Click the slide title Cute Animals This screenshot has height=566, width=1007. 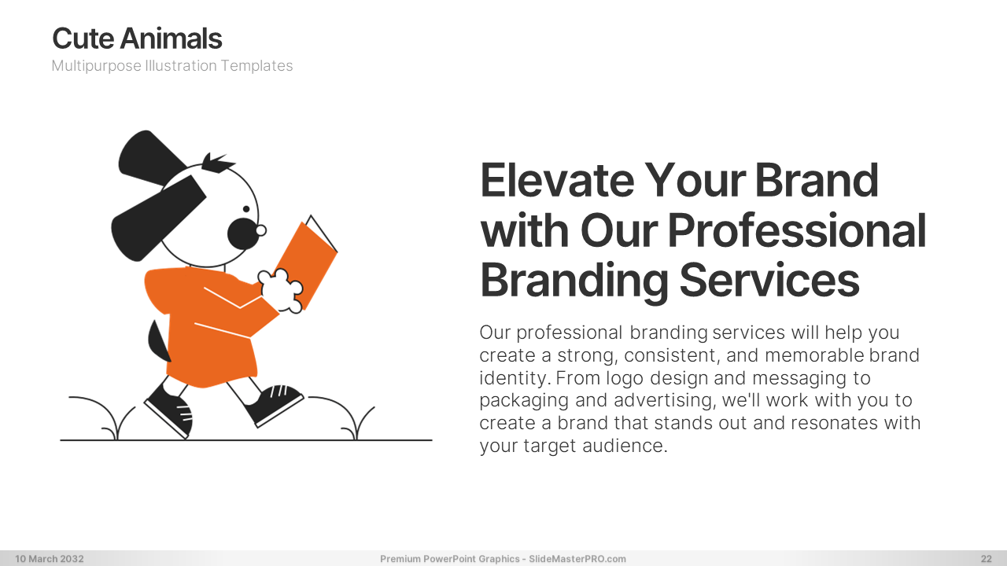coord(137,39)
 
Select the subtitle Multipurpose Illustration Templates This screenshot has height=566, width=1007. coord(172,65)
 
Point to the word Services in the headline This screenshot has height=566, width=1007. coord(769,280)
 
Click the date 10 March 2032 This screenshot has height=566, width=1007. coord(50,559)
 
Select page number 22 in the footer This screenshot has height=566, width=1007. coord(986,559)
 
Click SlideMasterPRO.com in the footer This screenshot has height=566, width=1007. coord(577,559)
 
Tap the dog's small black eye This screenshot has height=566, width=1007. coord(246,209)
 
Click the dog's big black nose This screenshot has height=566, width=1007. coord(243,233)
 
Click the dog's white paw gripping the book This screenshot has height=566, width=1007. coord(281,291)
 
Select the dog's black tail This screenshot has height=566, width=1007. coord(158,341)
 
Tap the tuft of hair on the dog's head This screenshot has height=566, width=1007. coord(216,163)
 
